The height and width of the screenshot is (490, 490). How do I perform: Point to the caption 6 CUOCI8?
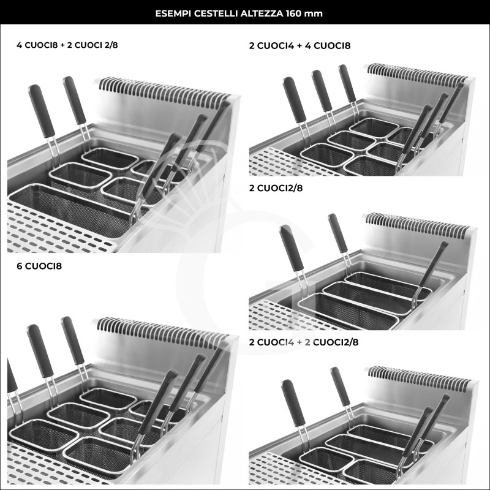[40, 266]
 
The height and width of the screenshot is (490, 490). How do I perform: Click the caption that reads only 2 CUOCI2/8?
[276, 188]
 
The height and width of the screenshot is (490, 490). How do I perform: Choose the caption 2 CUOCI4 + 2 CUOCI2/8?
[303, 342]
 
